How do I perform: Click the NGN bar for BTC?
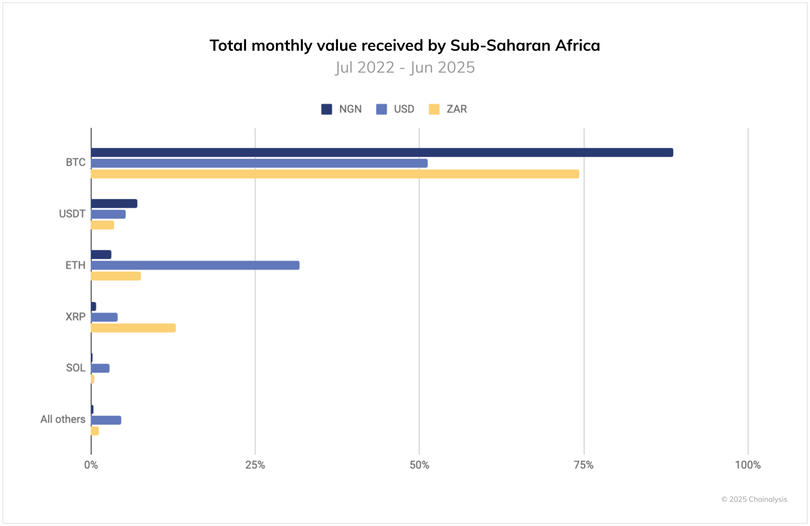pyautogui.click(x=382, y=153)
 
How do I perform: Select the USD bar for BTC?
pyautogui.click(x=259, y=163)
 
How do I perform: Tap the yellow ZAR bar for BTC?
pyautogui.click(x=335, y=174)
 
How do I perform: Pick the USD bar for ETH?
pyautogui.click(x=195, y=265)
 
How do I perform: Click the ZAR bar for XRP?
pyautogui.click(x=133, y=328)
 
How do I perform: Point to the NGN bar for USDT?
pyautogui.click(x=114, y=204)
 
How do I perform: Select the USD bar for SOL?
pyautogui.click(x=100, y=368)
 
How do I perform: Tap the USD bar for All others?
pyautogui.click(x=106, y=420)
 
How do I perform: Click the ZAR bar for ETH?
pyautogui.click(x=116, y=276)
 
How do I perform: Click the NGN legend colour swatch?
pyautogui.click(x=327, y=109)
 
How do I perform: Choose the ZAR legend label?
pyautogui.click(x=456, y=109)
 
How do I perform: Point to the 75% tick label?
pyautogui.click(x=583, y=465)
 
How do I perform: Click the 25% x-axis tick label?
pyautogui.click(x=255, y=465)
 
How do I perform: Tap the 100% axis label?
pyautogui.click(x=748, y=465)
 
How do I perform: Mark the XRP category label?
pyautogui.click(x=75, y=317)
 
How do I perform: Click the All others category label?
pyautogui.click(x=63, y=419)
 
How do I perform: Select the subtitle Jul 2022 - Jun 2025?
pyautogui.click(x=405, y=67)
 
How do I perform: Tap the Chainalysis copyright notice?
pyautogui.click(x=754, y=499)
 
